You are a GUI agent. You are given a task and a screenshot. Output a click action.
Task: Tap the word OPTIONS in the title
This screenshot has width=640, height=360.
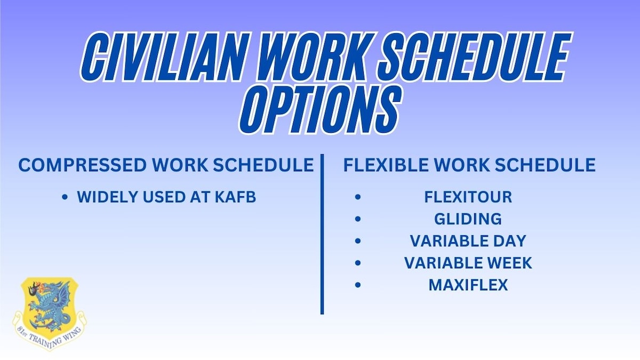(321, 110)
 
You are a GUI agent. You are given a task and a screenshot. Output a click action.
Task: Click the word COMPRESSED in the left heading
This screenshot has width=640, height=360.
(83, 165)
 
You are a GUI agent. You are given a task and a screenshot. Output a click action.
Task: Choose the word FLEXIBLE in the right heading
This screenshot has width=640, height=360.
(386, 165)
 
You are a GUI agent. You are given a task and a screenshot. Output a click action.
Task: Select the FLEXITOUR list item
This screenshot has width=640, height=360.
(468, 197)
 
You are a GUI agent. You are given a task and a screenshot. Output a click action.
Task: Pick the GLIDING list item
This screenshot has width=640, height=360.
(468, 219)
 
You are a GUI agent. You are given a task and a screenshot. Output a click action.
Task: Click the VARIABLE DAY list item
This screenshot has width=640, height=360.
(468, 241)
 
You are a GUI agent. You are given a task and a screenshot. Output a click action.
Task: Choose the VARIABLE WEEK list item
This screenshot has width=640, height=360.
(468, 263)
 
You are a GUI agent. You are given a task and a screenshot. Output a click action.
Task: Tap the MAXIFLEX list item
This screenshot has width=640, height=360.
(468, 285)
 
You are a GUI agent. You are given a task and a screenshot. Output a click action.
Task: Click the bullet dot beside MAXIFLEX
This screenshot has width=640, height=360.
(358, 285)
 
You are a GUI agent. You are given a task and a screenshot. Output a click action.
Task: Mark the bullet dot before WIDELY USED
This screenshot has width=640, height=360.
(65, 197)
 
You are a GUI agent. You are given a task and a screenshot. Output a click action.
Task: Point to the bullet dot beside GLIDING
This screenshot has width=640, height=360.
(358, 219)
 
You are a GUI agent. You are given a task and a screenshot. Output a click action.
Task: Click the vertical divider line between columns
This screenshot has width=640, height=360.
(322, 234)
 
